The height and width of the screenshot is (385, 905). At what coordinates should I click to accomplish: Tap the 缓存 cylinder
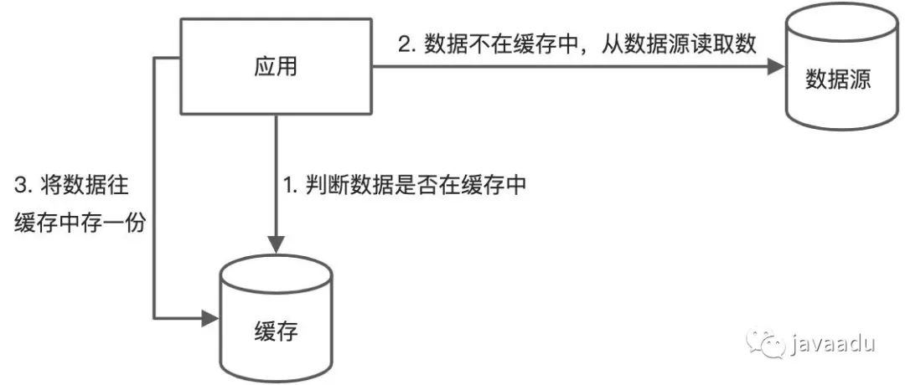click(x=276, y=322)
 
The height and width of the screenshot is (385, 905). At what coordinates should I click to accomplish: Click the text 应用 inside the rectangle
click(x=276, y=68)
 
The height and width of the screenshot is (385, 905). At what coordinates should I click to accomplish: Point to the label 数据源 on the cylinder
click(x=839, y=80)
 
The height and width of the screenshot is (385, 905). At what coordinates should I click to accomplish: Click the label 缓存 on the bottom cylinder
click(x=276, y=331)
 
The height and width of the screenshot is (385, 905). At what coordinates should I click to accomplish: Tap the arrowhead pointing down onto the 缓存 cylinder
click(x=276, y=244)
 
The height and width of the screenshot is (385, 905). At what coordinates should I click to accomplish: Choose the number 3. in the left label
click(x=23, y=185)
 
